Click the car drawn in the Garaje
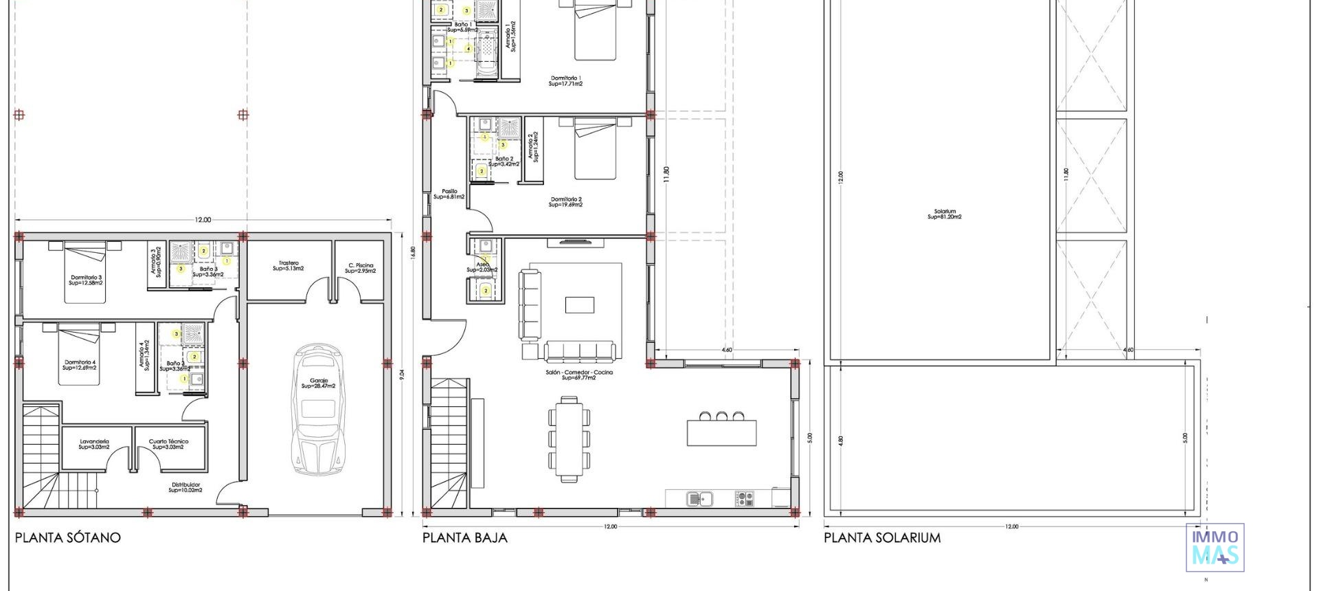click(x=318, y=410)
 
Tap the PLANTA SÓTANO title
click(x=68, y=538)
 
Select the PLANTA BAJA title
click(x=465, y=538)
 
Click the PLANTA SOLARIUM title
click(x=882, y=538)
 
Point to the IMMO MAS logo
click(x=1215, y=547)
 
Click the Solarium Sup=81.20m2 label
click(x=945, y=214)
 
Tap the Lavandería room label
click(x=94, y=444)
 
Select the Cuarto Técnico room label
click(x=168, y=444)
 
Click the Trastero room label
click(x=289, y=265)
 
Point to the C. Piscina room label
click(x=361, y=268)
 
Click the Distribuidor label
click(x=185, y=487)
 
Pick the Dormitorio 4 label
click(x=80, y=365)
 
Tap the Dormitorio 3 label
click(x=86, y=280)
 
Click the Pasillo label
click(x=449, y=194)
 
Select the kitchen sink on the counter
click(x=700, y=498)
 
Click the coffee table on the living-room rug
click(x=579, y=304)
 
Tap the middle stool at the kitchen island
click(x=721, y=416)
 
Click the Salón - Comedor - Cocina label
click(x=578, y=375)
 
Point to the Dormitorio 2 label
click(x=566, y=202)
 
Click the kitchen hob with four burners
click(x=745, y=498)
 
